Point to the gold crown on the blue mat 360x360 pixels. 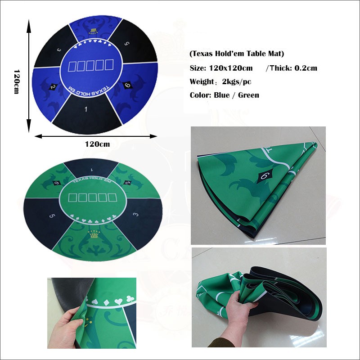93,31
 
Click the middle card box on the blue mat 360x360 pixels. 90,66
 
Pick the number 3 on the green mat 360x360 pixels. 135,216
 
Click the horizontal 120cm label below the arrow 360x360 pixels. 97,144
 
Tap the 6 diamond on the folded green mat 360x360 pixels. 262,176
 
